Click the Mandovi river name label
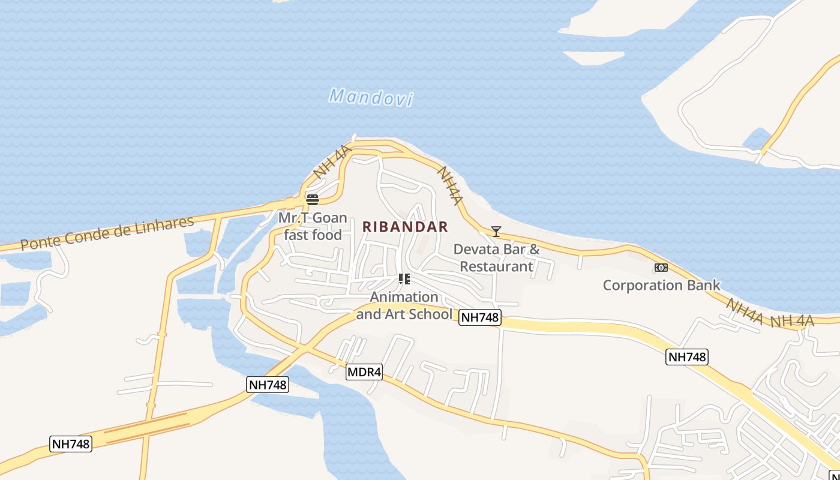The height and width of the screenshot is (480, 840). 371,97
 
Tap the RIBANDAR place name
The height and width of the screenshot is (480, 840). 405,227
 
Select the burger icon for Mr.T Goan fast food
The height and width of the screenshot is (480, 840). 312,199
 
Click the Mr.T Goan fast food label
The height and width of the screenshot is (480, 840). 313,226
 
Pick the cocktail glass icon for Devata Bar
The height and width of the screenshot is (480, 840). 496,231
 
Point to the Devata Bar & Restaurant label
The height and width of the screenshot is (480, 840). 496,258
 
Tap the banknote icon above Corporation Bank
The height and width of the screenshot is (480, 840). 661,268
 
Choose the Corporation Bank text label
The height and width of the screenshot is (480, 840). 661,285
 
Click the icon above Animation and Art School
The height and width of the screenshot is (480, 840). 404,278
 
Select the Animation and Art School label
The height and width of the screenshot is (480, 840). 404,305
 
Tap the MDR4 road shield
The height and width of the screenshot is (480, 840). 364,372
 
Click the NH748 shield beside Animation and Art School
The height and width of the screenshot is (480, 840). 479,317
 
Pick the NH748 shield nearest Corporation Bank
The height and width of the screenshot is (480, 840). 687,357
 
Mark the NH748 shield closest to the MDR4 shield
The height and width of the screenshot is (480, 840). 268,385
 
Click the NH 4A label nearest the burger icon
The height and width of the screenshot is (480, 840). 331,161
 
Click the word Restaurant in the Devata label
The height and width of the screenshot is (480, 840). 496,266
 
